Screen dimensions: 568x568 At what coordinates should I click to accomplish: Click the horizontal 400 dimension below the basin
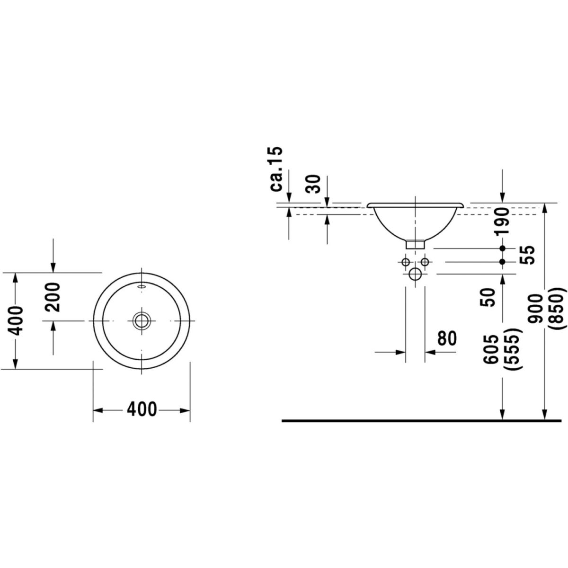click(x=142, y=409)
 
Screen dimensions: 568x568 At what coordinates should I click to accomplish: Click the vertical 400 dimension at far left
click(x=17, y=320)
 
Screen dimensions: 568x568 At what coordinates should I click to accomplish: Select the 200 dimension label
click(x=53, y=297)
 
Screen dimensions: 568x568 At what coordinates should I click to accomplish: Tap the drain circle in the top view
click(x=141, y=320)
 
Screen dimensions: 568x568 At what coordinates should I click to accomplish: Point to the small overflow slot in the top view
click(x=141, y=286)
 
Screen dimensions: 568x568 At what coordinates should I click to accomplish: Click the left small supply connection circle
click(x=405, y=262)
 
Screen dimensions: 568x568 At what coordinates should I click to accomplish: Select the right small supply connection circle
click(x=425, y=262)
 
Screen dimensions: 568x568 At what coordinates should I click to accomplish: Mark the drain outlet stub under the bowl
click(x=415, y=244)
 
